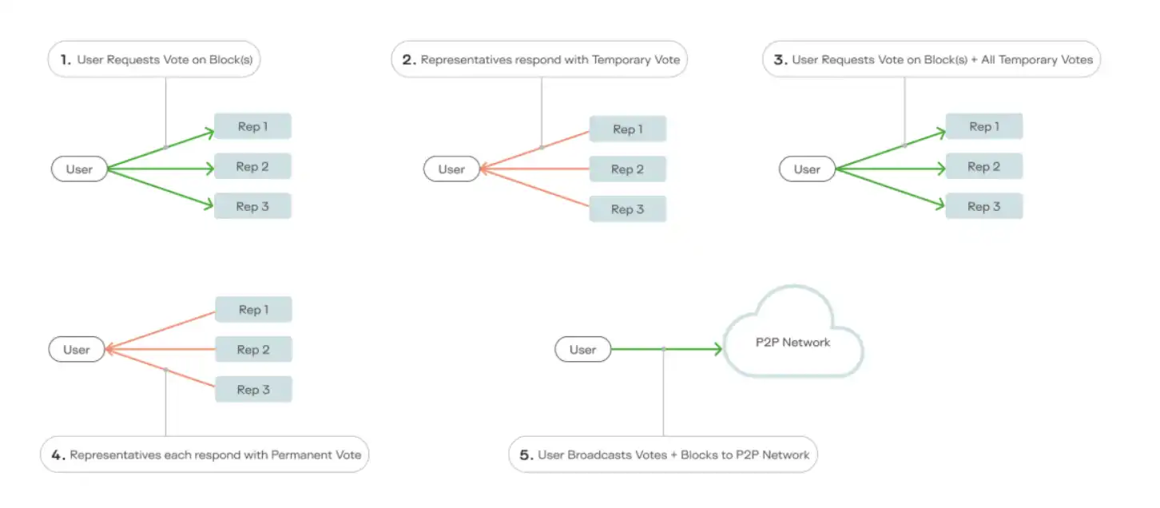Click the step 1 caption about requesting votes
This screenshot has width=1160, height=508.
coord(154,60)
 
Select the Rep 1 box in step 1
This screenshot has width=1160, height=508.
coord(252,126)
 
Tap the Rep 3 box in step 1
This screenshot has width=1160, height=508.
coord(252,206)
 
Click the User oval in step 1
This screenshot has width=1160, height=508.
coord(79,169)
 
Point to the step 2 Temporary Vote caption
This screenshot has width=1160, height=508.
coord(539,60)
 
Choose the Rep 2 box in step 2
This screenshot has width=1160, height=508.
coord(627,169)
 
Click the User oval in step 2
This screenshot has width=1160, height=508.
coord(451,169)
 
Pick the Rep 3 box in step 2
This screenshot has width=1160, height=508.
coord(627,209)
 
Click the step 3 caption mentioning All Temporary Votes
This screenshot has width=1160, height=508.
coord(932,60)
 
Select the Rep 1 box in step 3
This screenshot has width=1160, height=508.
coord(983,126)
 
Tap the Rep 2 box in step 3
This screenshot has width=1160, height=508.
coord(983,166)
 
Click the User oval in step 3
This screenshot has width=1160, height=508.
coord(807,169)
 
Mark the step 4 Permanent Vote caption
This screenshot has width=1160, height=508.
coord(205,455)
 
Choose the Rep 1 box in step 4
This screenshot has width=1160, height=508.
coord(253,310)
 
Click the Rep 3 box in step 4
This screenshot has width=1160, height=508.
coord(253,390)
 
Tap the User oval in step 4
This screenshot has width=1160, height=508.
coord(77,350)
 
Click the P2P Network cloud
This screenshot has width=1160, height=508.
coord(793,342)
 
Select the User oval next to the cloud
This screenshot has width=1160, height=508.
coord(582,350)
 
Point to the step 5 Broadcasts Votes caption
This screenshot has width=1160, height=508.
coord(663,455)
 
